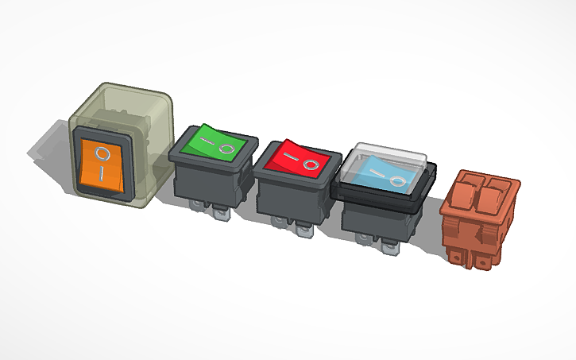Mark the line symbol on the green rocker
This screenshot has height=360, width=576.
click(205, 140)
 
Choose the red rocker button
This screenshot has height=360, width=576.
click(296, 159)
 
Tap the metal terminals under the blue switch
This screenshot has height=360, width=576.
click(387, 244)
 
